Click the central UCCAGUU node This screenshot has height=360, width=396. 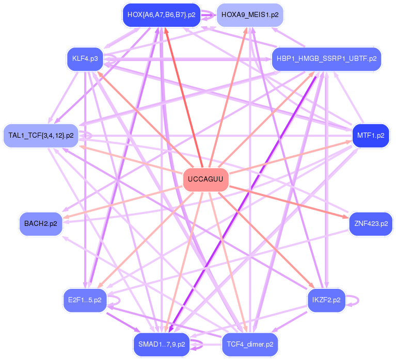click(x=205, y=179)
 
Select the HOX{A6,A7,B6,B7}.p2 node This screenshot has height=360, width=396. click(x=162, y=15)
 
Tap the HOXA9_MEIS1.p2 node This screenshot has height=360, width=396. click(x=250, y=15)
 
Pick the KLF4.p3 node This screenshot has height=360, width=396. click(x=85, y=59)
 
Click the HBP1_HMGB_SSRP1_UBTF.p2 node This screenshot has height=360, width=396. click(x=326, y=59)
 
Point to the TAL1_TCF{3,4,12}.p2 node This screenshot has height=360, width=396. click(x=41, y=136)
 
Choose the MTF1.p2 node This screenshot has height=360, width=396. click(x=371, y=136)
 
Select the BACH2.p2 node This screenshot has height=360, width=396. click(x=41, y=224)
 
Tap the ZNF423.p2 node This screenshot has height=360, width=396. click(x=371, y=224)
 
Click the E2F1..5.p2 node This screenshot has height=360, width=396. click(x=85, y=300)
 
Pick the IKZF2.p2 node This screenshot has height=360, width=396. click(x=326, y=300)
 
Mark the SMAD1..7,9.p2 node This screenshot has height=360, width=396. click(x=162, y=345)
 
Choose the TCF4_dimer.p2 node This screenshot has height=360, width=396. click(x=250, y=345)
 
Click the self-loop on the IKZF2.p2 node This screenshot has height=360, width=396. click(x=358, y=300)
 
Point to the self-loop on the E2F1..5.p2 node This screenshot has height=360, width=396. click(x=119, y=300)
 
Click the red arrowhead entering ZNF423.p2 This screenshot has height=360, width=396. click(x=345, y=217)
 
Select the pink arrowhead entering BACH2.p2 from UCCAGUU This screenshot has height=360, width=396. click(x=66, y=217)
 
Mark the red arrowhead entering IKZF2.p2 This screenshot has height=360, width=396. click(x=311, y=285)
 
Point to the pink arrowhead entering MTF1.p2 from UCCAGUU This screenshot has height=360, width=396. click(x=349, y=142)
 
